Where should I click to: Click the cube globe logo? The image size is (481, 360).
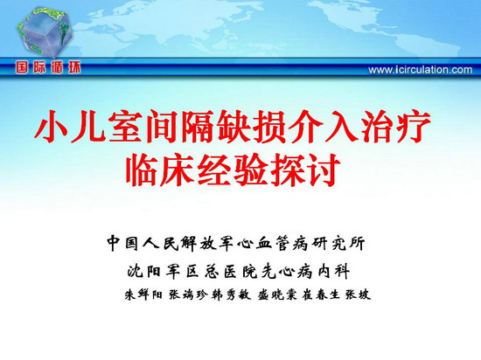tap(45, 32)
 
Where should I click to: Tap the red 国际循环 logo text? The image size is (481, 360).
tap(48, 67)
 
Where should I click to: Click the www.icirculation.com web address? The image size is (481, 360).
tap(421, 70)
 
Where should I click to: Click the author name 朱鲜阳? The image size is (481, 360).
tap(143, 294)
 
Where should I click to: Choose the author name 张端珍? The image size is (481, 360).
tap(188, 294)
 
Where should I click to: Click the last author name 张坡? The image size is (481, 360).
tap(358, 294)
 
